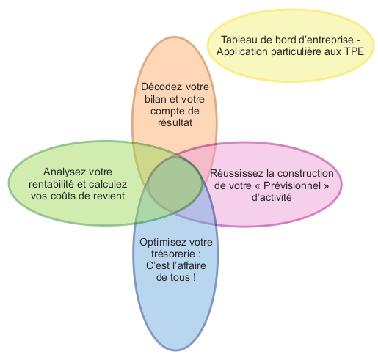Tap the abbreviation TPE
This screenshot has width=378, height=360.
355,51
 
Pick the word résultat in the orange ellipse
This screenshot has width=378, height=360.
175,122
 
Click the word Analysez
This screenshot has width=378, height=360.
64,172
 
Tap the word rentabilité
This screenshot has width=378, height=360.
51,184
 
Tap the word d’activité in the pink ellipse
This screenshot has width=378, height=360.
272,197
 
